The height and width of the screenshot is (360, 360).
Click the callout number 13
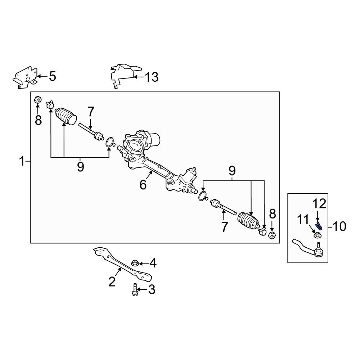pos(152,77)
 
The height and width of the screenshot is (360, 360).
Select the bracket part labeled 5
pos(25,77)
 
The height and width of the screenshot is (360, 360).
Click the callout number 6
pos(143,184)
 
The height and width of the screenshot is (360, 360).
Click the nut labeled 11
pos(318,235)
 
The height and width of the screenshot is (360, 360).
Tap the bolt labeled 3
pos(135,289)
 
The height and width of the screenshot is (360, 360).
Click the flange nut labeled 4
pos(135,263)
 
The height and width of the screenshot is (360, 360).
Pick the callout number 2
pos(112,282)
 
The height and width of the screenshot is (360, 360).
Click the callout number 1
pos(22,161)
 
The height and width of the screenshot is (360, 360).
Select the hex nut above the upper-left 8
pos(38,100)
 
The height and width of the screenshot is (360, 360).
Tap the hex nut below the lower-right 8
pos(272,235)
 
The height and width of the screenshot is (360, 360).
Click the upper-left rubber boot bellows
pos(66,116)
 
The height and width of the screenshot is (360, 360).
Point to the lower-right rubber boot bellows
pos(248,220)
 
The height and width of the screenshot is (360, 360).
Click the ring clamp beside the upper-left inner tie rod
pos(110,142)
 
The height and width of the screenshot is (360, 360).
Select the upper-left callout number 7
pos(91,112)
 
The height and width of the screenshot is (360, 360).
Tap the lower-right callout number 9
pos(232,171)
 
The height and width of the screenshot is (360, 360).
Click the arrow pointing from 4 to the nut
pos(144,264)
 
